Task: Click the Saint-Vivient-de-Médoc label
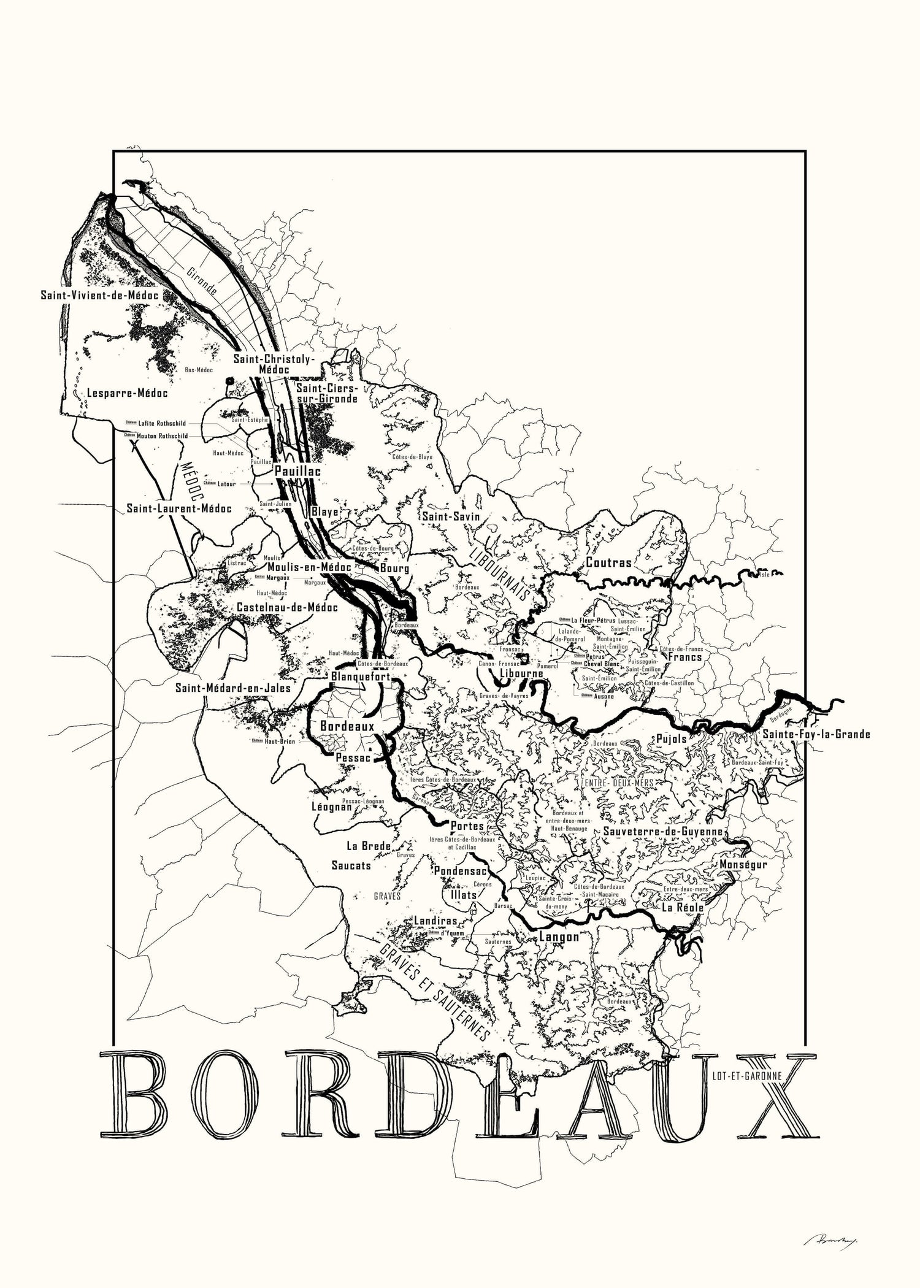100,295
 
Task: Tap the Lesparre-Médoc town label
128,393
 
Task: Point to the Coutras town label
608,562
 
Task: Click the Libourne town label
522,673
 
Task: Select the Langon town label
559,937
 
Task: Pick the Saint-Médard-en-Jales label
233,688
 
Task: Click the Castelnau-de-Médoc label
287,607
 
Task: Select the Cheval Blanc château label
601,664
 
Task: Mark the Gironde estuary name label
203,283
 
